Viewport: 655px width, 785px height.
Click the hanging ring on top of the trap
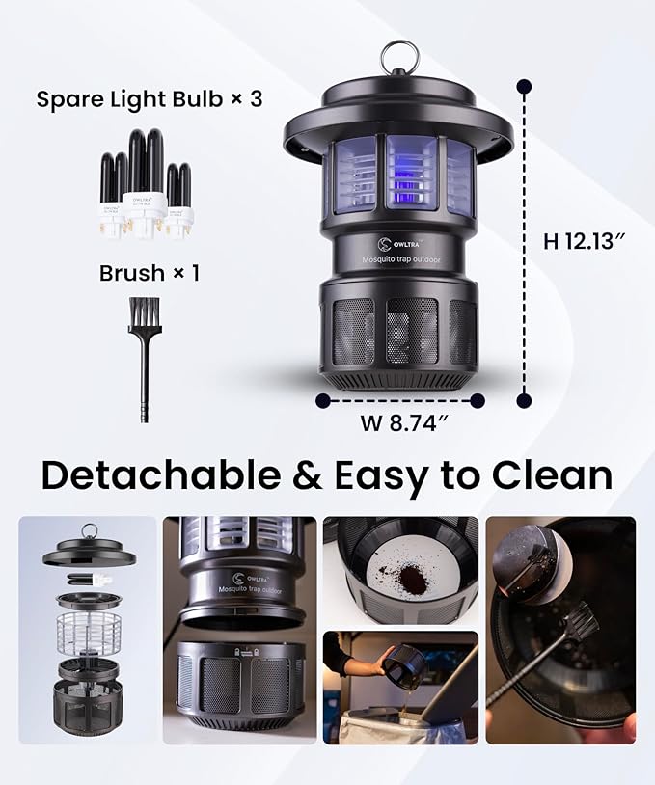click(x=397, y=57)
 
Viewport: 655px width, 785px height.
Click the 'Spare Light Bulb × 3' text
click(x=150, y=99)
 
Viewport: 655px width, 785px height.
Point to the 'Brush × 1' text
click(x=150, y=273)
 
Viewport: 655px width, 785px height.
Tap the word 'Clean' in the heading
click(x=552, y=475)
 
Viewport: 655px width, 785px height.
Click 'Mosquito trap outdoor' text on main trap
click(x=399, y=258)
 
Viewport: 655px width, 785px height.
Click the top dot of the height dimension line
click(x=524, y=87)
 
